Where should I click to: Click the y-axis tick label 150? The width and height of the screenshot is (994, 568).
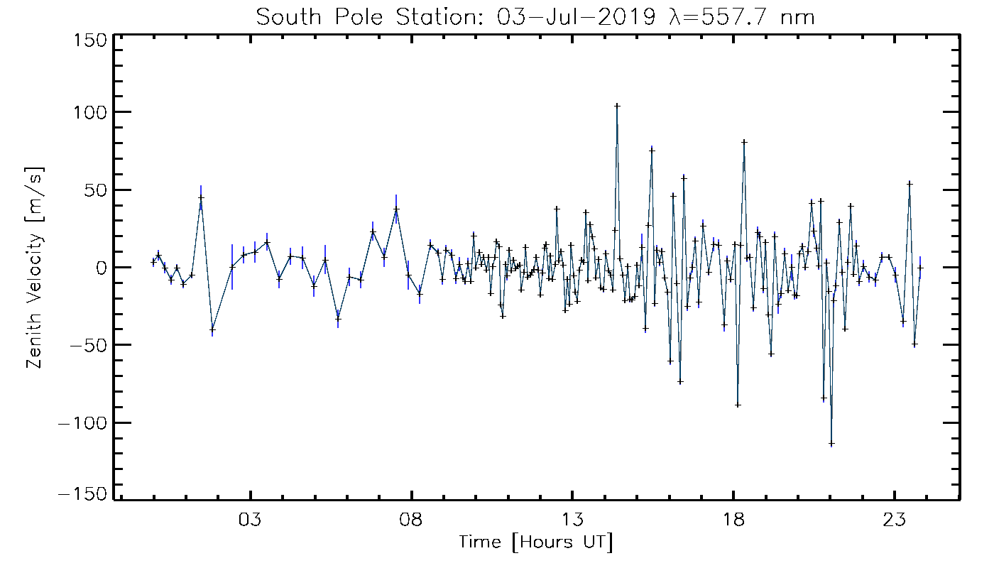coord(89,40)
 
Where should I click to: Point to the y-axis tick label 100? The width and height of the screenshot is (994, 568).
coord(89,112)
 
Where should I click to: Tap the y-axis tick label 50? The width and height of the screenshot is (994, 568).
coord(94,190)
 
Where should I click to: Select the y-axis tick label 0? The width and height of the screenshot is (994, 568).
coord(101,268)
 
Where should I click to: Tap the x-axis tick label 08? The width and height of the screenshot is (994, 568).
coord(411,518)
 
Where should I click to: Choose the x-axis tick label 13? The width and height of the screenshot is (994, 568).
coord(572,518)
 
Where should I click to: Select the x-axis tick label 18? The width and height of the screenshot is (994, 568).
coord(733,518)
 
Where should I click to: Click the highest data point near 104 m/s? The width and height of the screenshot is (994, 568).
coord(617,105)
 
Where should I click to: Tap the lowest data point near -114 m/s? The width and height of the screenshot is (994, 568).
coord(831,444)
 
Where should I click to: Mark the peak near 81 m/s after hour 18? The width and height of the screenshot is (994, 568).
coord(744,141)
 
